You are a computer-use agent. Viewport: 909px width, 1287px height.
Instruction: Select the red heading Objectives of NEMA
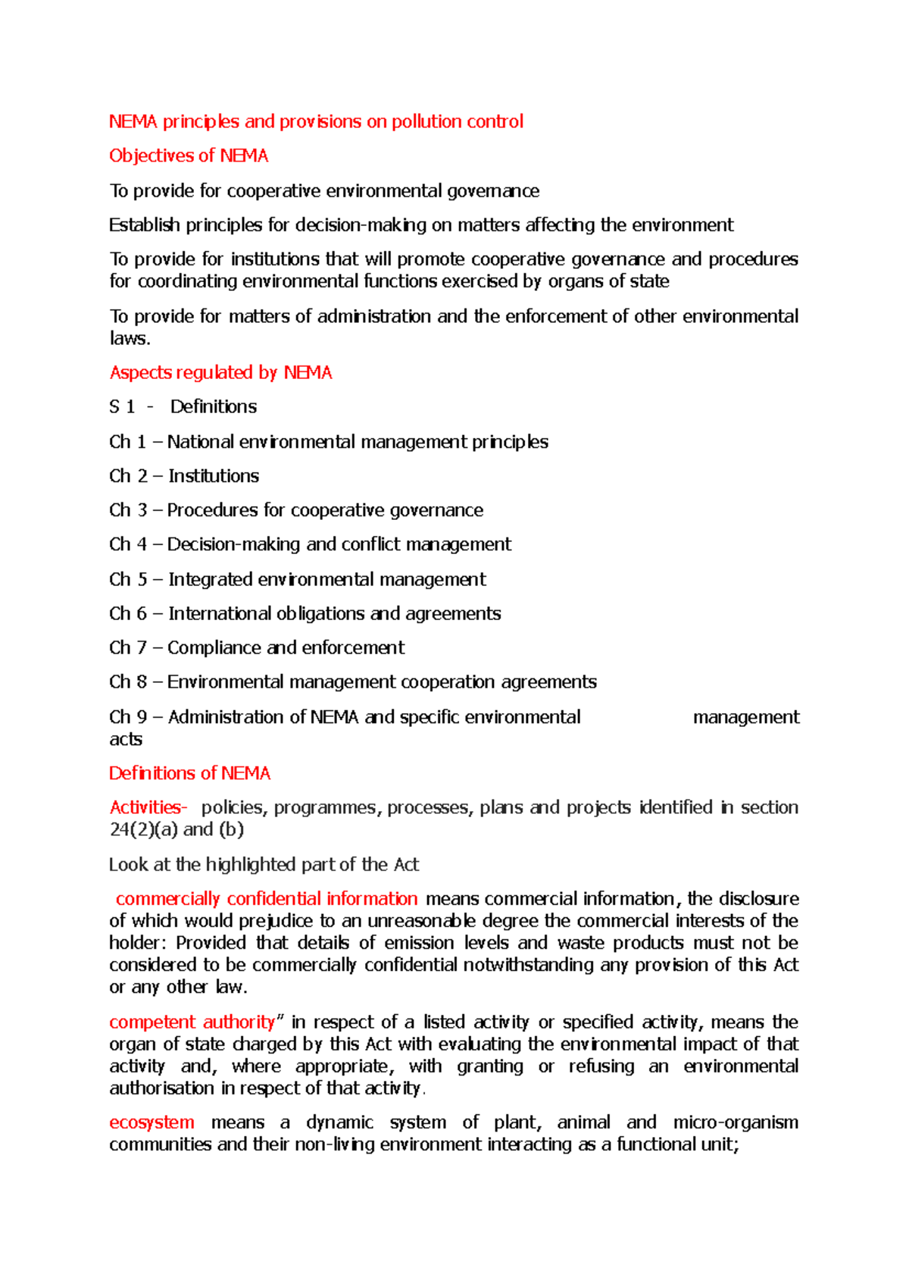pyautogui.click(x=189, y=156)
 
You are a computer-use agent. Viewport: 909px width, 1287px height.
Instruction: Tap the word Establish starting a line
pyautogui.click(x=144, y=225)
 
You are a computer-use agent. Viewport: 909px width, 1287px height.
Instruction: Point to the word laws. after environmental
pyautogui.click(x=130, y=339)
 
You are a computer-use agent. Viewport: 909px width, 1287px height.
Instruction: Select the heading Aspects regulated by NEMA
pyautogui.click(x=220, y=373)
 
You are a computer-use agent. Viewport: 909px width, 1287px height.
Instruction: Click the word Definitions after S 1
pyautogui.click(x=213, y=407)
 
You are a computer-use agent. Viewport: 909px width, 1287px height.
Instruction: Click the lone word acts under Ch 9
pyautogui.click(x=126, y=740)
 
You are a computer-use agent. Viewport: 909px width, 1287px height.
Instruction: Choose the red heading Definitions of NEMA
pyautogui.click(x=189, y=774)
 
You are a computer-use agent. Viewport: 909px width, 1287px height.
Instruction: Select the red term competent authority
pyautogui.click(x=192, y=1022)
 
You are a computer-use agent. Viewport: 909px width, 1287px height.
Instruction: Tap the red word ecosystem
pyautogui.click(x=151, y=1123)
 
